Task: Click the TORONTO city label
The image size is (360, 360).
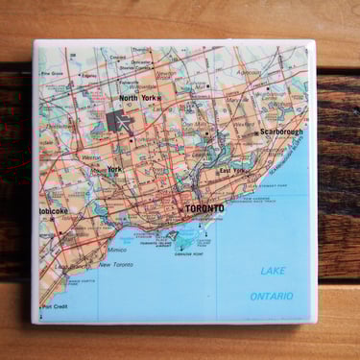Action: (204, 207)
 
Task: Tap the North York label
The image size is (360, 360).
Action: (138, 98)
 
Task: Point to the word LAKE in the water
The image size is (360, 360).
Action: (273, 271)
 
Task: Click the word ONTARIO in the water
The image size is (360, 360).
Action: (271, 296)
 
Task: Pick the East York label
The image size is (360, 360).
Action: (232, 171)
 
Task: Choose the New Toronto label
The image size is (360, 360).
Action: (117, 264)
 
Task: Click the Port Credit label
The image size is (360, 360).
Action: (54, 307)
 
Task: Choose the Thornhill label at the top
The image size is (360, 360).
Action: (141, 49)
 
